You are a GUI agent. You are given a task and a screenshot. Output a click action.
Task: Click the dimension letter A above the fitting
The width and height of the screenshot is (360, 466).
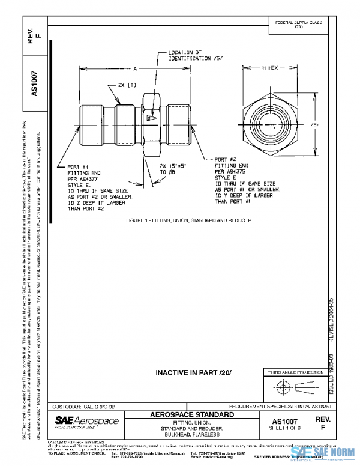(x=136, y=68)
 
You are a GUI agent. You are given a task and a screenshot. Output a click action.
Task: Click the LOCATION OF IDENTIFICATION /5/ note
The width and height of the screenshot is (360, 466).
(x=187, y=56)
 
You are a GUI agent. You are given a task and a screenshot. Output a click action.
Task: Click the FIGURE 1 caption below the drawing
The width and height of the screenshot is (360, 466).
(x=188, y=220)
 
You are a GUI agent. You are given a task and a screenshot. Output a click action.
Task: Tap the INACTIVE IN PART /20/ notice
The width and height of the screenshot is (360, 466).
(x=190, y=372)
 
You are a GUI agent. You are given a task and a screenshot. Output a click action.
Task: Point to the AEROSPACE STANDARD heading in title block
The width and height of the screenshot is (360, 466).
(x=191, y=415)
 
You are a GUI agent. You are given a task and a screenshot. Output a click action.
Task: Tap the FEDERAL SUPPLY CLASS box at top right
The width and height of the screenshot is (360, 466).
(x=298, y=24)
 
